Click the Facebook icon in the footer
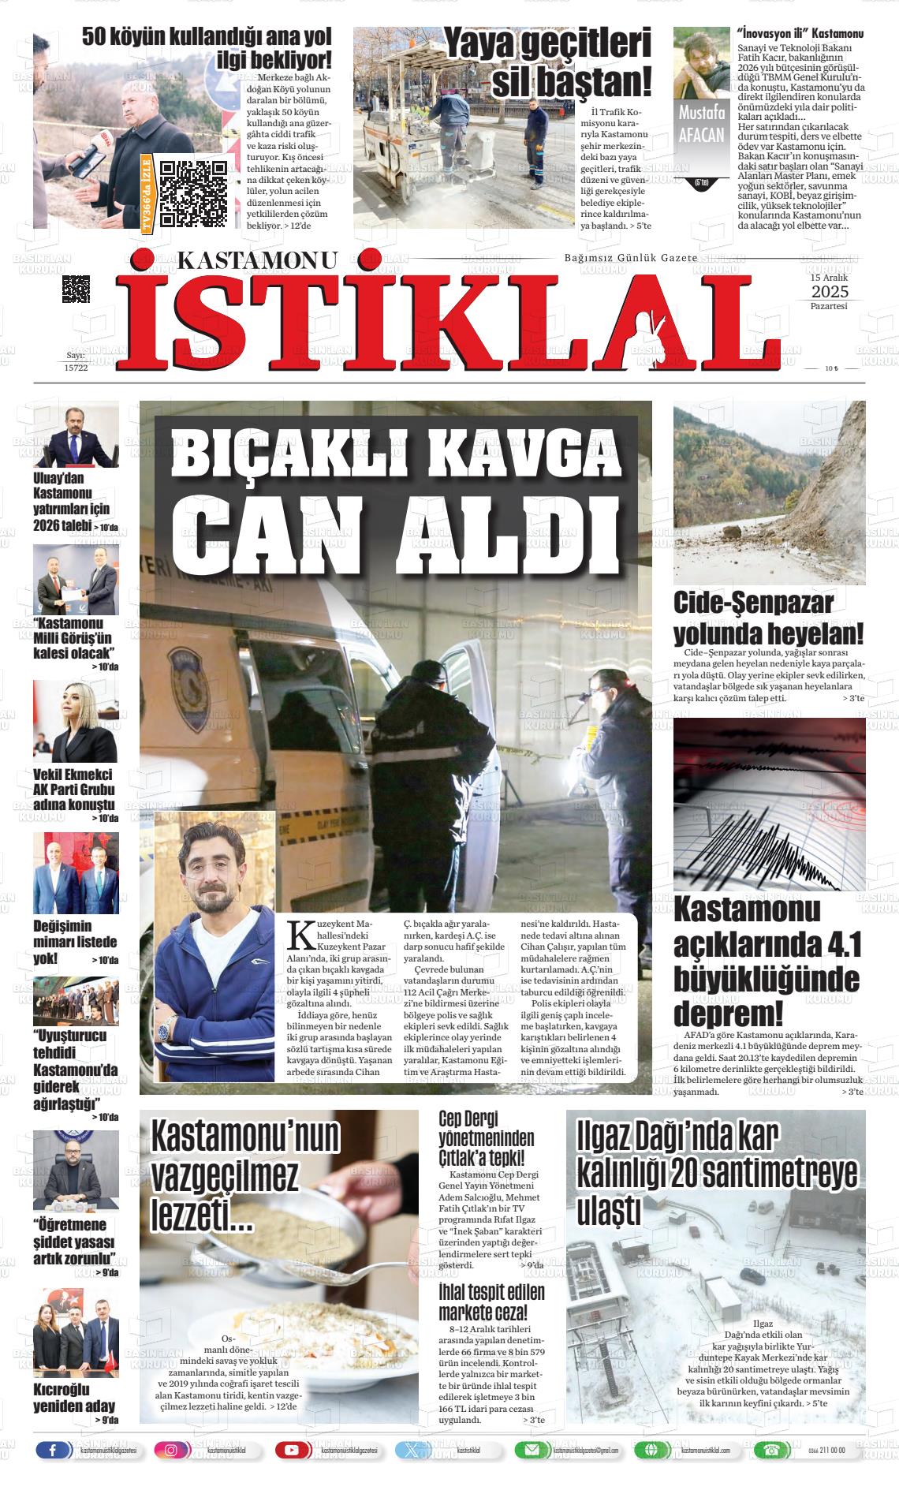click(54, 1450)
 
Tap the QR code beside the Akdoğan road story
click(193, 193)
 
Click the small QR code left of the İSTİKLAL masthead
click(76, 289)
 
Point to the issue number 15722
click(76, 368)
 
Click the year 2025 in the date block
click(829, 293)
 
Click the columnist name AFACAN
click(700, 134)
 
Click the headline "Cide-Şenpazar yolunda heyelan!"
click(768, 618)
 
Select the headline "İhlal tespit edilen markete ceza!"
click(491, 1303)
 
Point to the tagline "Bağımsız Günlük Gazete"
click(631, 259)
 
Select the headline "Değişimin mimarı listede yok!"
click(74, 942)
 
